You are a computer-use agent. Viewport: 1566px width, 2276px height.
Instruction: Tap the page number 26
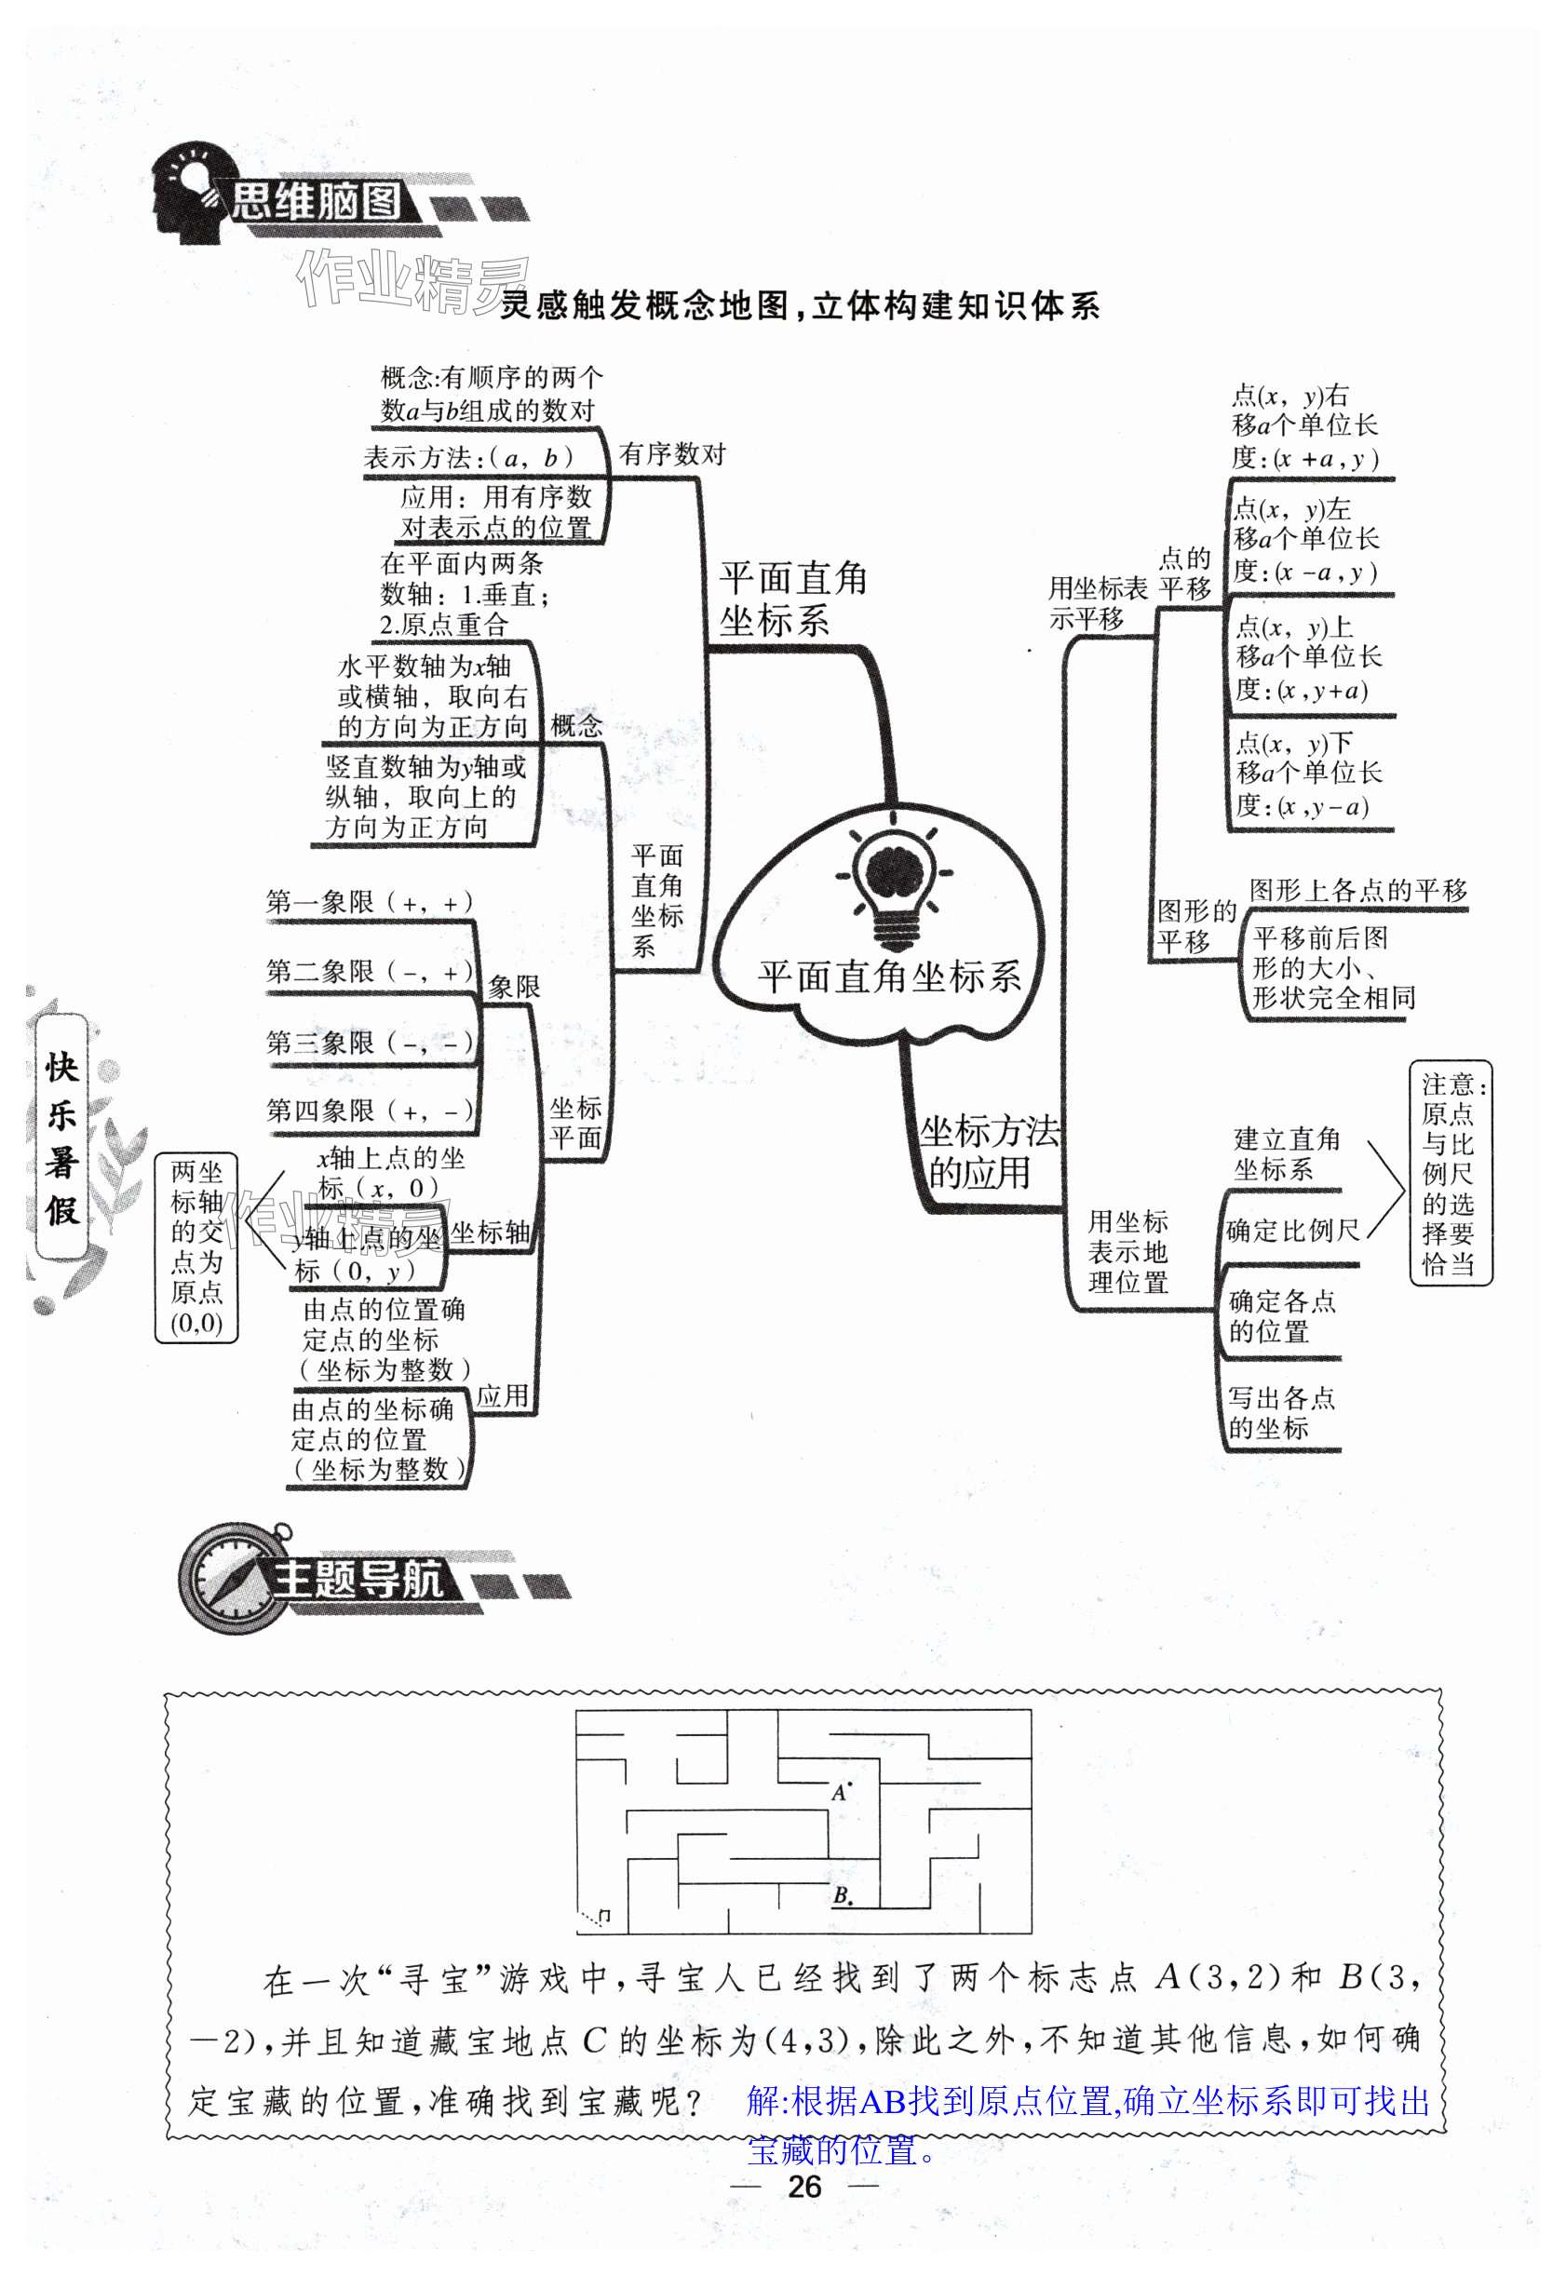(803, 2186)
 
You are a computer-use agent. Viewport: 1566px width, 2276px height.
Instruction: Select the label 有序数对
(672, 454)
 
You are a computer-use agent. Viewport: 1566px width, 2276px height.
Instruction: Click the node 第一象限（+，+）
(369, 902)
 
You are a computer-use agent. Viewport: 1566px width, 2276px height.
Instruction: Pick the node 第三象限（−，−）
(369, 1042)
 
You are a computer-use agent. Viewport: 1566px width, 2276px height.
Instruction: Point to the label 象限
(514, 987)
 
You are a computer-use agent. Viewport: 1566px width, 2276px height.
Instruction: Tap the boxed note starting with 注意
(1450, 1172)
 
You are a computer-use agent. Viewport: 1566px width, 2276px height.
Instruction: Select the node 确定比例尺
(1292, 1231)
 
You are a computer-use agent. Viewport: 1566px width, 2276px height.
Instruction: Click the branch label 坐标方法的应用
(988, 1151)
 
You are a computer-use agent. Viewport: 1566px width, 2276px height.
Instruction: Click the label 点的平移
(1184, 574)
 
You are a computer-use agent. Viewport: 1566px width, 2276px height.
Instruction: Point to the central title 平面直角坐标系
(889, 976)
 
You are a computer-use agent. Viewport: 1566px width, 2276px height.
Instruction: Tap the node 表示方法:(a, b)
(469, 457)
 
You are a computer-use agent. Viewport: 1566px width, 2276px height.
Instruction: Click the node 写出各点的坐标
(1280, 1413)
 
